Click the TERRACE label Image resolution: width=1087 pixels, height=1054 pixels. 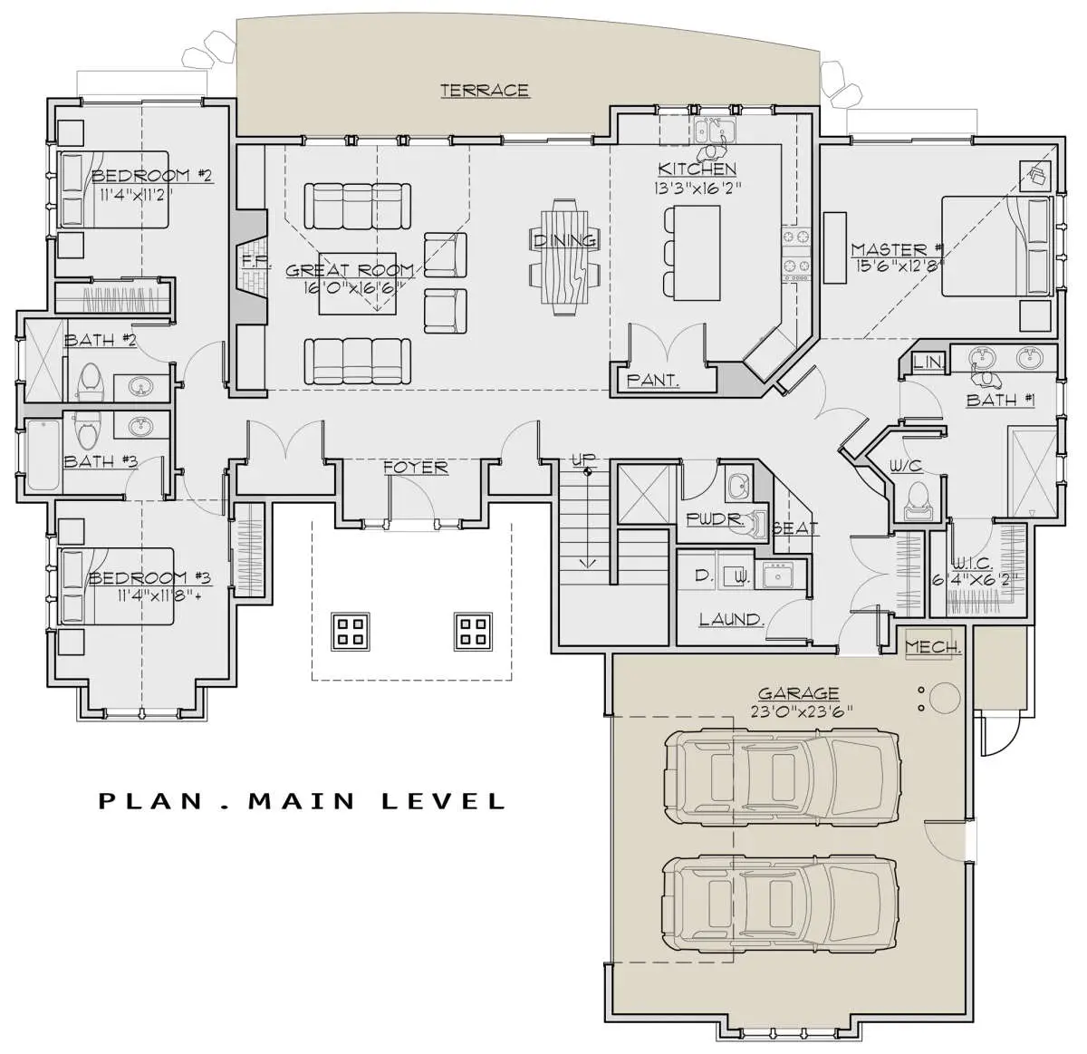click(485, 91)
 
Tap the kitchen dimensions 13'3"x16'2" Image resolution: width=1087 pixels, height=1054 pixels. click(697, 188)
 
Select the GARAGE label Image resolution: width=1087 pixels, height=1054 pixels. click(798, 693)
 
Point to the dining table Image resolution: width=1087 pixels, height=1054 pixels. click(564, 257)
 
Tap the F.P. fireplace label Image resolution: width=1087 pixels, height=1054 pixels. click(248, 260)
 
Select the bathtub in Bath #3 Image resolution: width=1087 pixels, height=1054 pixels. click(43, 457)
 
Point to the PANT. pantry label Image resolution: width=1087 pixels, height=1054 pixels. click(653, 381)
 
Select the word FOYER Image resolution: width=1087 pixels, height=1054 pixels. click(416, 468)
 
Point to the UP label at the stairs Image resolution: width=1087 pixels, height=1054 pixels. click(583, 460)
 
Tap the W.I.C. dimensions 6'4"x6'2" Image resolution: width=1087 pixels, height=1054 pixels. click(976, 579)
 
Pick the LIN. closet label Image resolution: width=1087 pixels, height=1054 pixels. click(928, 363)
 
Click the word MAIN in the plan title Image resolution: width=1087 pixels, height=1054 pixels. click(303, 801)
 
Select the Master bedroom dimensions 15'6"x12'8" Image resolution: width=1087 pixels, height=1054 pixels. click(898, 266)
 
